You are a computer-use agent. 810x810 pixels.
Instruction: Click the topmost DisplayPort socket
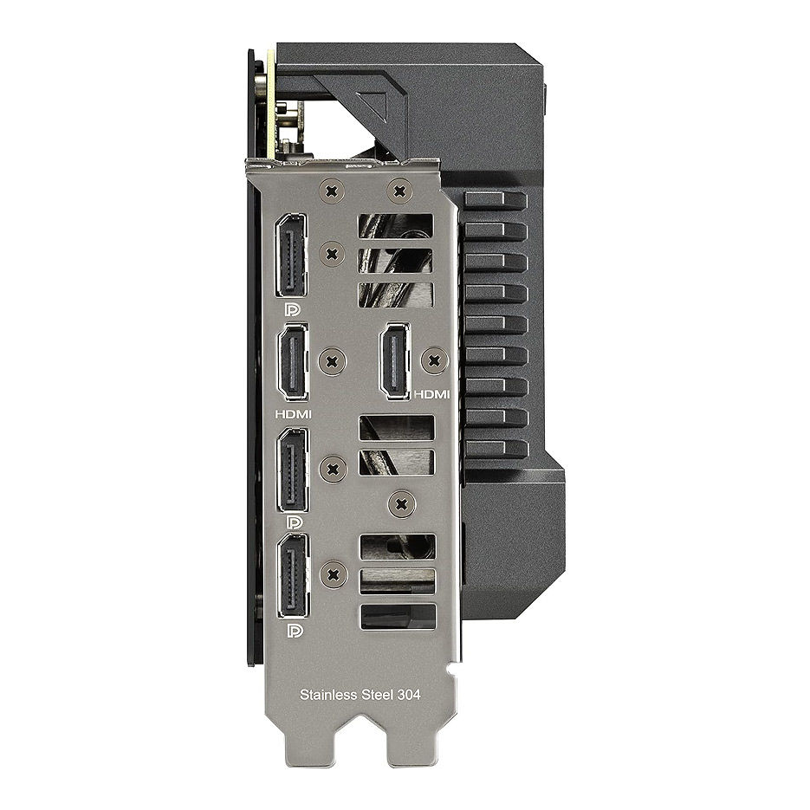[291, 256]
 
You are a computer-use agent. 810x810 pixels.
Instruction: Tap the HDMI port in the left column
[293, 363]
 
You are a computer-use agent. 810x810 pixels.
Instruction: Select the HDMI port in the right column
[395, 361]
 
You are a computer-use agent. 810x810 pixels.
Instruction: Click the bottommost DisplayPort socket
[294, 576]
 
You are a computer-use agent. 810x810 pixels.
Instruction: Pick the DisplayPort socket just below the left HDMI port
[294, 470]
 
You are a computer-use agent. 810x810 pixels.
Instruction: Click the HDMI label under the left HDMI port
[294, 414]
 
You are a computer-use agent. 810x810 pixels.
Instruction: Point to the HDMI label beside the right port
[432, 394]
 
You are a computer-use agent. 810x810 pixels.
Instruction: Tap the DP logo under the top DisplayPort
[293, 309]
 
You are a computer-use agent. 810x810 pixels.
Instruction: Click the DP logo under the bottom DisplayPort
[295, 631]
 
